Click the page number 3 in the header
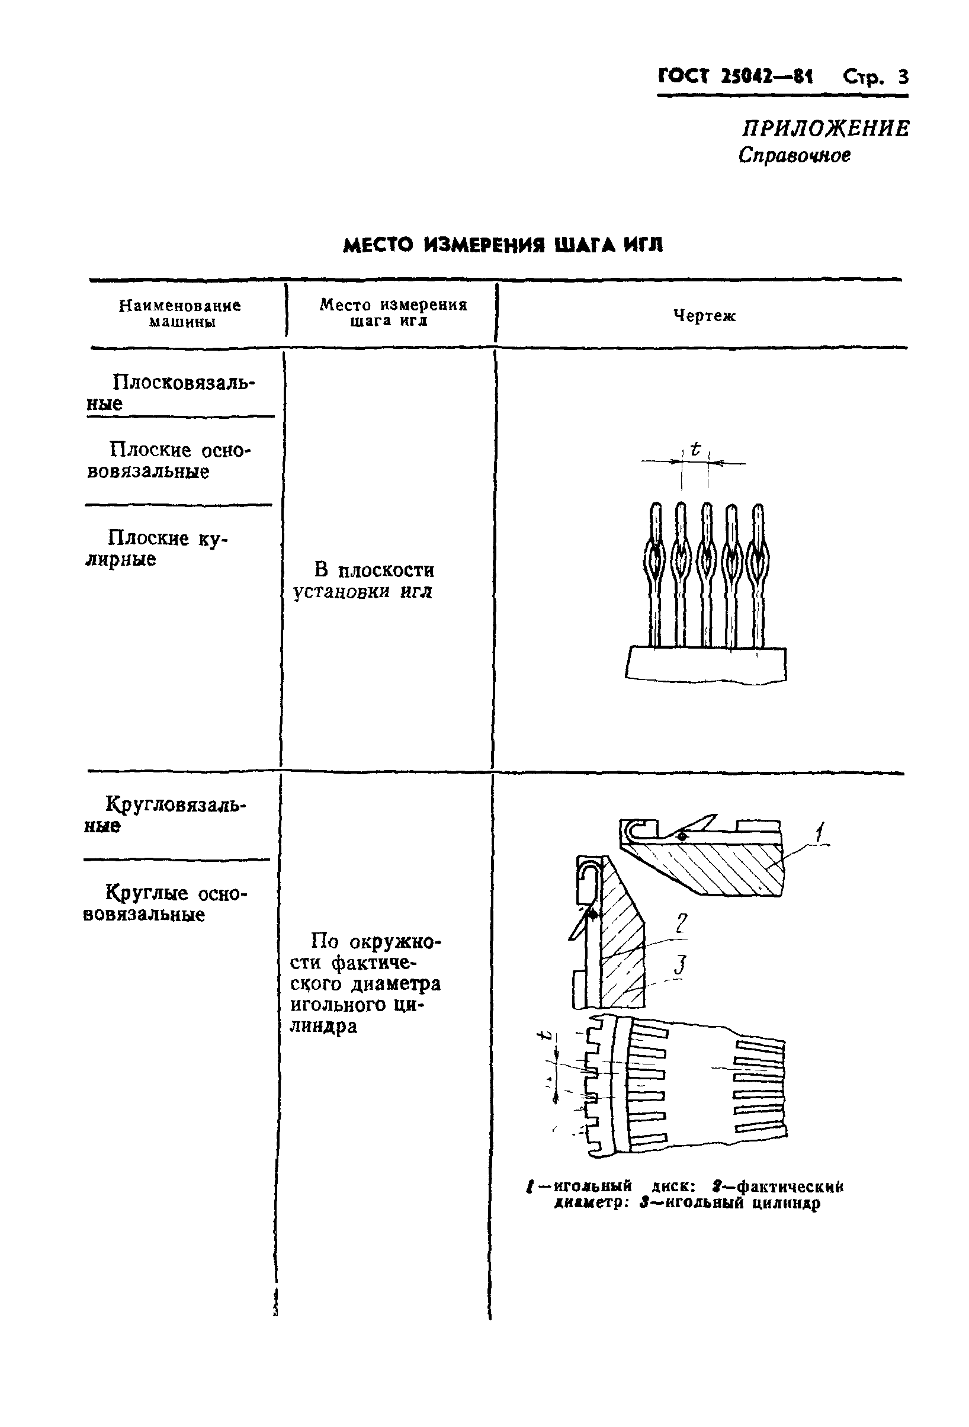coord(901,78)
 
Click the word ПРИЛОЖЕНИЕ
coord(825,129)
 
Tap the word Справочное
coord(794,155)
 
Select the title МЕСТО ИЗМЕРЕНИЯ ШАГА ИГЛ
coord(502,246)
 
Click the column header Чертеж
coord(704,316)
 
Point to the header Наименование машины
coord(180,314)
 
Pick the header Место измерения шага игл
coord(393,313)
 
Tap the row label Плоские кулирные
coord(156,549)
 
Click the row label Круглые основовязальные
coord(165,903)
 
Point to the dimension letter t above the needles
coord(695,450)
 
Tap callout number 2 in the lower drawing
coord(681,923)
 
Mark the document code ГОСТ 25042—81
coord(735,77)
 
